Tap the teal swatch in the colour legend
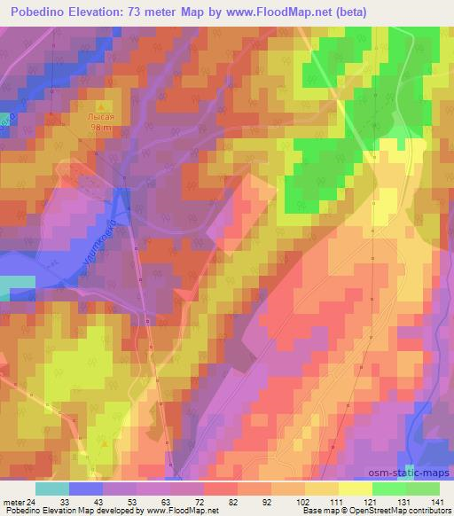(x=52, y=489)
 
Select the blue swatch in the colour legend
(x=86, y=489)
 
